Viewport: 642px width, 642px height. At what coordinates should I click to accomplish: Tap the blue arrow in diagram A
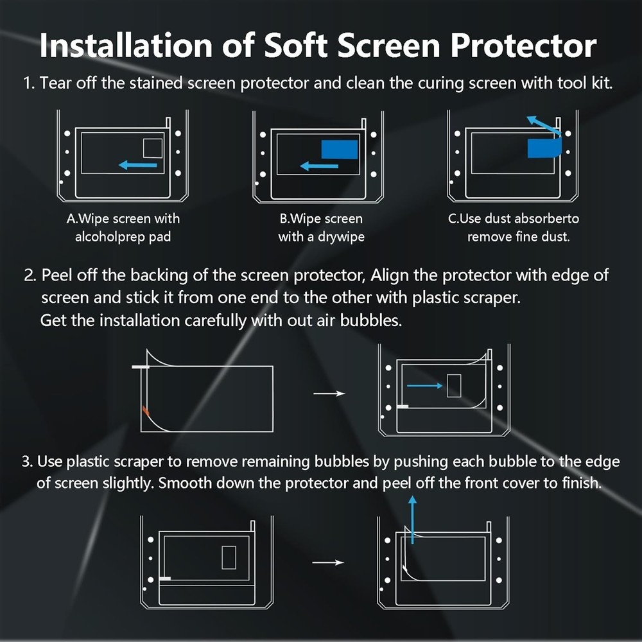(139, 166)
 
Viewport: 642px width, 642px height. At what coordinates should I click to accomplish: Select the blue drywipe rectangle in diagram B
(340, 149)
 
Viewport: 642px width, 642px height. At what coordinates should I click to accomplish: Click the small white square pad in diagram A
(153, 148)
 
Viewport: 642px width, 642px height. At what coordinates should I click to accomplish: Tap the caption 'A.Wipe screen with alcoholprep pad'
(123, 228)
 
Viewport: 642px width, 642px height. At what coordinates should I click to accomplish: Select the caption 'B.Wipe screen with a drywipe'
(321, 228)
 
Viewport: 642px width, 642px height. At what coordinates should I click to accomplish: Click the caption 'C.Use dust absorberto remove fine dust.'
(514, 228)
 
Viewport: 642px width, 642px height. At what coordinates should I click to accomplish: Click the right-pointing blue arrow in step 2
(424, 385)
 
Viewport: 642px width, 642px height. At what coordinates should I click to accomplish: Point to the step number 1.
(28, 84)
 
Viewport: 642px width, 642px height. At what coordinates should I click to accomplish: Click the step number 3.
(26, 462)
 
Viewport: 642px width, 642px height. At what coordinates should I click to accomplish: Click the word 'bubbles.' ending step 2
(376, 320)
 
